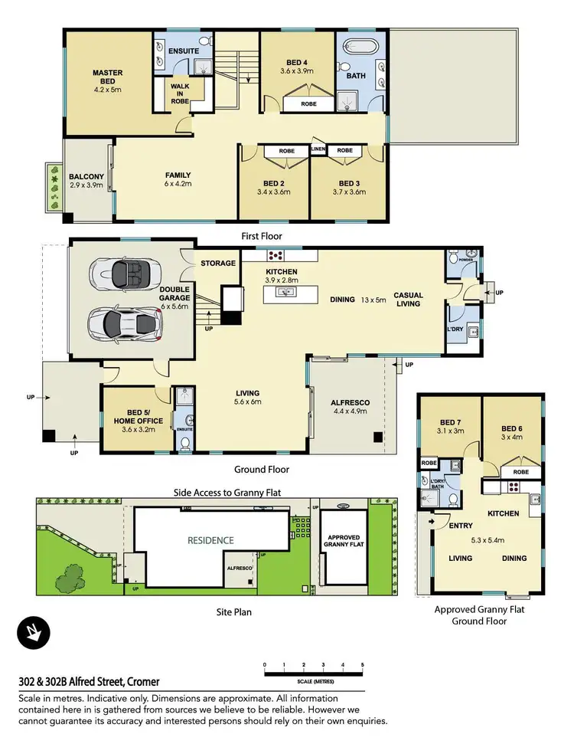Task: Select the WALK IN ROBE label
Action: coord(180,92)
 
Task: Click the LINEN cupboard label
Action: coord(319,150)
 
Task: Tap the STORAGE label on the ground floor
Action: coord(218,264)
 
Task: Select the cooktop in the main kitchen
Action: coord(275,256)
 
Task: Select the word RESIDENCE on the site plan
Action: coord(211,540)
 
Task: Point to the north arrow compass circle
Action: coord(34,633)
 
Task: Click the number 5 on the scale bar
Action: coord(362,664)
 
